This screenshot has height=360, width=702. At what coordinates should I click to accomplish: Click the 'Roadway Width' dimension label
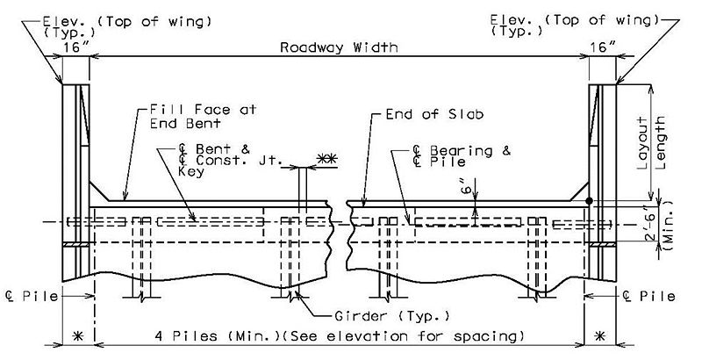339,47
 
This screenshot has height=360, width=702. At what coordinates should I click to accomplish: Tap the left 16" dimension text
76,47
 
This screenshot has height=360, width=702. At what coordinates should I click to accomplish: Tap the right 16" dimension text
603,47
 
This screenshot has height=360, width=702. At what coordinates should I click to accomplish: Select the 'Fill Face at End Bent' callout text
204,117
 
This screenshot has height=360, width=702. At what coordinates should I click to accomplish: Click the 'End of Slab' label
434,115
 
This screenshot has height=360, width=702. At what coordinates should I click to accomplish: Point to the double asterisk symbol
327,159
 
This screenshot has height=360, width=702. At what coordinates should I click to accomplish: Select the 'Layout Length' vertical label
652,143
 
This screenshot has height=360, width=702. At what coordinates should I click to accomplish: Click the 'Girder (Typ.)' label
392,317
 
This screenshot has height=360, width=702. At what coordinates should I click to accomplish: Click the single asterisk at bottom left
78,335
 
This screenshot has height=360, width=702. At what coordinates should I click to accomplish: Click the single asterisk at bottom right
600,335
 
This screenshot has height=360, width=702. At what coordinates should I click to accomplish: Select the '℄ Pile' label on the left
32,297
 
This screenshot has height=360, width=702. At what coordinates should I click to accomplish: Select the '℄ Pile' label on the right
648,297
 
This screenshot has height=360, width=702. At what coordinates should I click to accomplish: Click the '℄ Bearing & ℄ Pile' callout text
462,155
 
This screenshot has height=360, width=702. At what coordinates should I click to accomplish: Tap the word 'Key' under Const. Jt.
191,171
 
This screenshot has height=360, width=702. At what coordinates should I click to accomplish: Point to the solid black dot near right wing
590,201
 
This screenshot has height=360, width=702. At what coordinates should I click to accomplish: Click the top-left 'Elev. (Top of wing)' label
126,26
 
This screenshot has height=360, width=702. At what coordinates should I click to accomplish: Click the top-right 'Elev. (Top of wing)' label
575,25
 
